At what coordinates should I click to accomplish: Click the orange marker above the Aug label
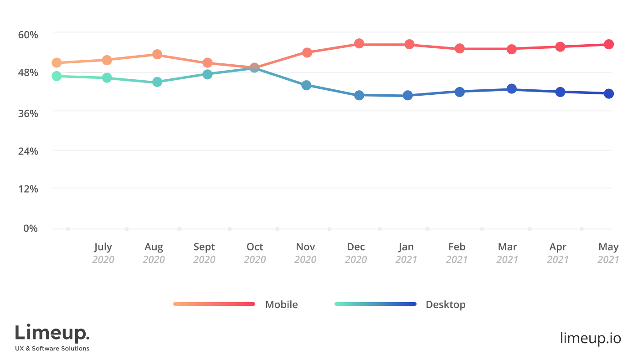[x=157, y=54]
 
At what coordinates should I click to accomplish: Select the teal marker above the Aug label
[x=157, y=82]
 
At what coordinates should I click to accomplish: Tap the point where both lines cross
[x=254, y=67]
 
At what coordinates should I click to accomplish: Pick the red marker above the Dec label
[x=359, y=44]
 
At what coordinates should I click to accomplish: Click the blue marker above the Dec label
[x=359, y=95]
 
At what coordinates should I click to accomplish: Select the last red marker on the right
[x=608, y=44]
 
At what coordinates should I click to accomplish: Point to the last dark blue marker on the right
[x=608, y=93]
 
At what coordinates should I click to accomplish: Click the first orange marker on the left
[x=57, y=62]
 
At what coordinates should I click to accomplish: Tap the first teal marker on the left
[x=57, y=76]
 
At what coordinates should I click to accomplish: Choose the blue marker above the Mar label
[x=512, y=88]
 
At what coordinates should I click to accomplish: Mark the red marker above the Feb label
[x=460, y=48]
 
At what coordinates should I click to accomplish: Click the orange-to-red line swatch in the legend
[x=213, y=303]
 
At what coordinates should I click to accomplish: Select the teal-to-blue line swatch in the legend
[x=375, y=303]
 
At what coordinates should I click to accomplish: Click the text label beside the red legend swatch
[x=280, y=304]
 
